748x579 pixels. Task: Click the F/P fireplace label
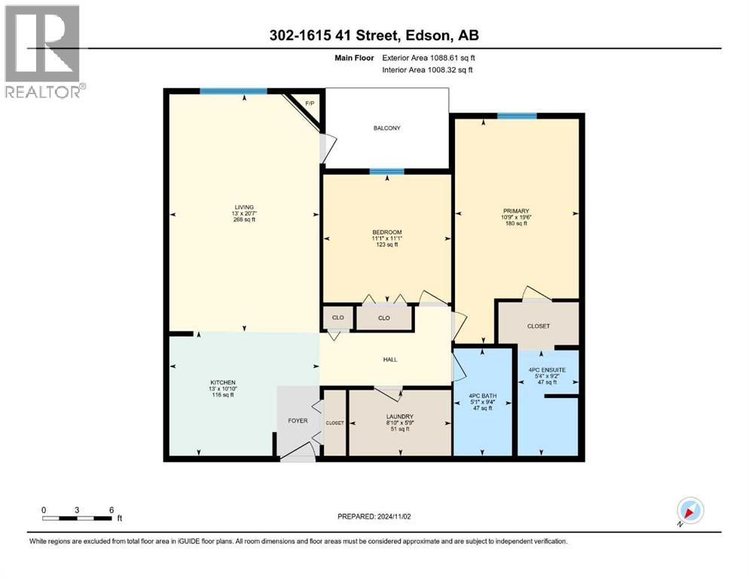307,104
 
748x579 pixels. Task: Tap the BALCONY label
387,128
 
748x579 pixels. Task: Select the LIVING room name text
243,207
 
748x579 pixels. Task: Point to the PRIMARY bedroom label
516,211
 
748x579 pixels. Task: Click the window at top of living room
234,91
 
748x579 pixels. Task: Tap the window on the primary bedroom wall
517,115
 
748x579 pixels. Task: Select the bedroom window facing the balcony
386,172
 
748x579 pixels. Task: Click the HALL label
389,359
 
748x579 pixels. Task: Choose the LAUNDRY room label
399,417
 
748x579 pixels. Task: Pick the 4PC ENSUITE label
548,369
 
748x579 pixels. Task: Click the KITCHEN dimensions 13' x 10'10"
223,389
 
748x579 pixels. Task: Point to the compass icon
690,511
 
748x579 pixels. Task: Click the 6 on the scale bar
111,510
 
